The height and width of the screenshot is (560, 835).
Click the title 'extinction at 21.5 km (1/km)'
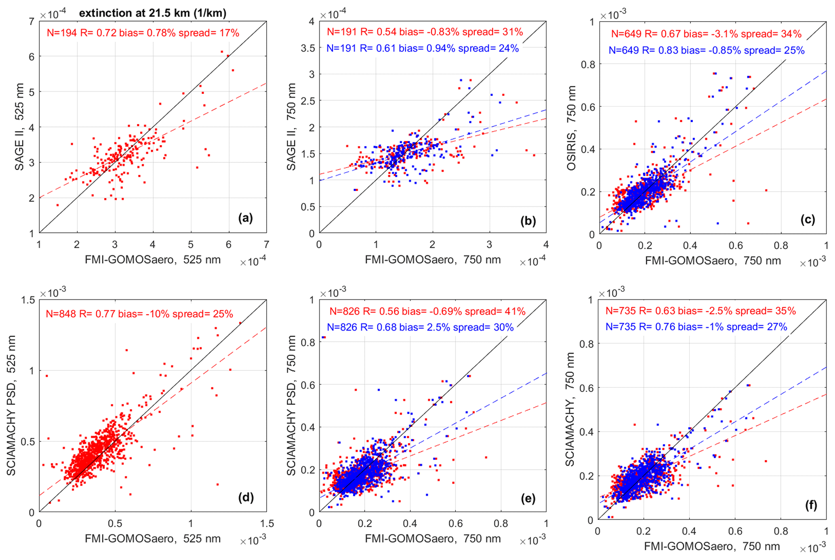tap(152, 13)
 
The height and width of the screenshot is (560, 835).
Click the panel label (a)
tap(245, 218)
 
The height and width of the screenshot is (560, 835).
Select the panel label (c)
tap(808, 219)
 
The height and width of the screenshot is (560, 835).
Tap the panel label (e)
tap(528, 499)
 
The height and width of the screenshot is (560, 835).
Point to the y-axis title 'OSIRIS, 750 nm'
tap(571, 128)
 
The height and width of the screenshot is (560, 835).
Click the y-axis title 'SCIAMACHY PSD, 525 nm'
tap(11, 406)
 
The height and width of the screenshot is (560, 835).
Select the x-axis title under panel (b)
tap(433, 260)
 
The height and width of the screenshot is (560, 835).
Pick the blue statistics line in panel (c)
tap(707, 51)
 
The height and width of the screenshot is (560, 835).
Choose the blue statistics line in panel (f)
tap(696, 327)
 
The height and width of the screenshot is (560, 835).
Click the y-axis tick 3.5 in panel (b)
tap(308, 48)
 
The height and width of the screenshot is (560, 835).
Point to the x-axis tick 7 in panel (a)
tap(266, 245)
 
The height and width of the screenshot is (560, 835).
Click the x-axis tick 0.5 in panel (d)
tap(115, 524)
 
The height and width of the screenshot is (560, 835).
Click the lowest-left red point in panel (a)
tap(57, 205)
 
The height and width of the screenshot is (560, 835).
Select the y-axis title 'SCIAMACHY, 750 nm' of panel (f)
tap(570, 409)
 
